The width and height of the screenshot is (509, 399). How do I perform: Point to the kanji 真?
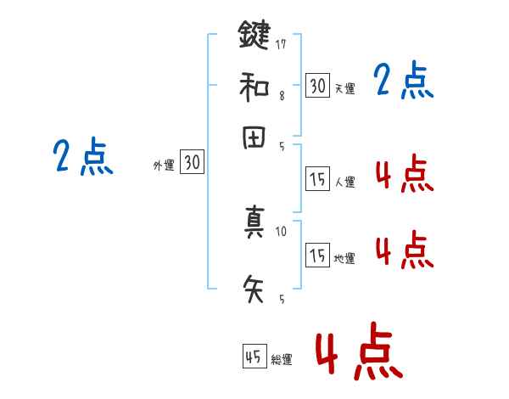(255, 223)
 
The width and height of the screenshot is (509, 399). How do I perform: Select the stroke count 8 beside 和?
(282, 95)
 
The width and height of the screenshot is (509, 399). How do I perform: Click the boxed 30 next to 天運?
(317, 85)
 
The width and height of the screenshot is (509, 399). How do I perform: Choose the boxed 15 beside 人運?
(317, 178)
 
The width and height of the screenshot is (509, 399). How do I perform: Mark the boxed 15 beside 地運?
(317, 255)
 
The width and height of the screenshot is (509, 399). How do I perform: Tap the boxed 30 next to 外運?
(192, 163)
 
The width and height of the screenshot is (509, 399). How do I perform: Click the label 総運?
(282, 360)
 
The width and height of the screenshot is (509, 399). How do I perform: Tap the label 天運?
(344, 88)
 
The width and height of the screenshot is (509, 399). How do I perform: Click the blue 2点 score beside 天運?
(404, 82)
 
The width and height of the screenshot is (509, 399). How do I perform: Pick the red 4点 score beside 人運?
(404, 175)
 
